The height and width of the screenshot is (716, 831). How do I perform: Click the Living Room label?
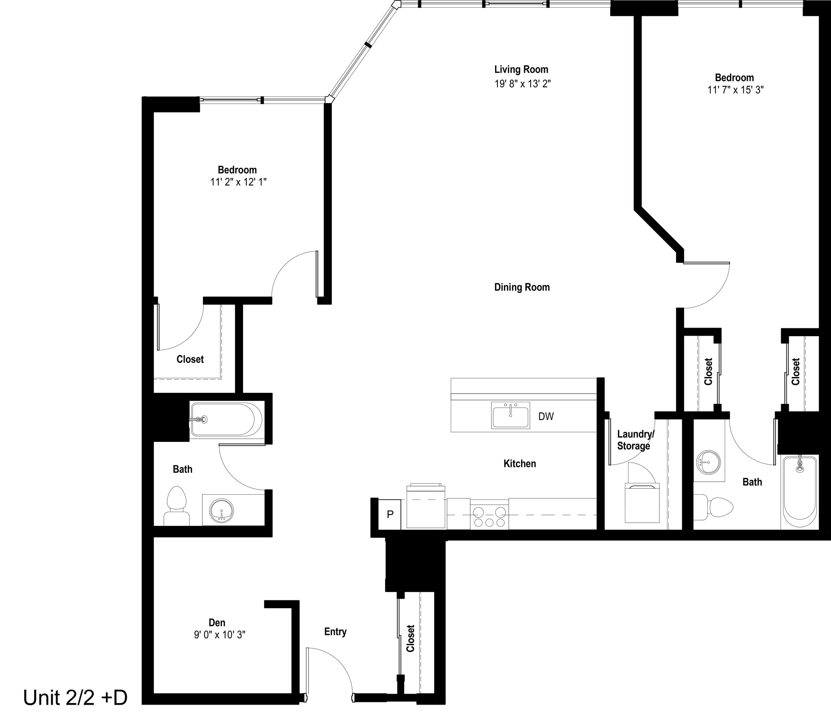521,69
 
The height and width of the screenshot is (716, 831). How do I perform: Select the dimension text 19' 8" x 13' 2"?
522,84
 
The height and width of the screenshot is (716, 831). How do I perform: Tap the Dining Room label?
522,287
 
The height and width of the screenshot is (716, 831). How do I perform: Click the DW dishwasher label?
546,416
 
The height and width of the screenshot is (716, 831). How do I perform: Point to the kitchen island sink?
510,415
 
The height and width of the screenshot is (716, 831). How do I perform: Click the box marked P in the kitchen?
390,514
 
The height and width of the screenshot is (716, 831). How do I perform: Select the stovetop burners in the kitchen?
489,517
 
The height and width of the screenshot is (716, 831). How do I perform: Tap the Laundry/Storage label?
635,440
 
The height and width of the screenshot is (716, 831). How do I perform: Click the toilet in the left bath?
177,507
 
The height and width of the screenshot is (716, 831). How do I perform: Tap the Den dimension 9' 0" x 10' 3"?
220,635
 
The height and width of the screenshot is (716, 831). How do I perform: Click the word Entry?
335,632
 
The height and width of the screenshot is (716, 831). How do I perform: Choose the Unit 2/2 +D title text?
75,698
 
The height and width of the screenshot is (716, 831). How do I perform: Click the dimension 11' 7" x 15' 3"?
735,90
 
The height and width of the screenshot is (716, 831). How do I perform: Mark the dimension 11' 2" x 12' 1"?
238,182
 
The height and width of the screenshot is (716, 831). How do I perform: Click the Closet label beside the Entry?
411,638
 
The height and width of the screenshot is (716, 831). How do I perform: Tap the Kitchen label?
519,463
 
